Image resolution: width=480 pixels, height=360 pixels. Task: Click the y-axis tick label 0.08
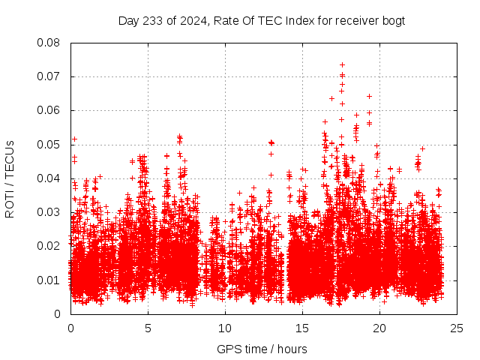click(49, 43)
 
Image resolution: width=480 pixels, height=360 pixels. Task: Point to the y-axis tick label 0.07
click(49, 76)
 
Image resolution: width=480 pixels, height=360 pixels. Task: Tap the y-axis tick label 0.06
click(49, 110)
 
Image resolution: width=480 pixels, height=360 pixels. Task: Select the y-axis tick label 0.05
click(49, 145)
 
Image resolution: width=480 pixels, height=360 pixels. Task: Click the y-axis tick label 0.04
click(49, 178)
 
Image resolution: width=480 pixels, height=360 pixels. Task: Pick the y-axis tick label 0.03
click(49, 212)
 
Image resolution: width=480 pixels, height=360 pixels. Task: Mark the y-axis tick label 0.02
click(49, 246)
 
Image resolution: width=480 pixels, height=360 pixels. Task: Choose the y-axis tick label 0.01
click(49, 280)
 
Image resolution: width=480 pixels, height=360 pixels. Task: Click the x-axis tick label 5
click(148, 328)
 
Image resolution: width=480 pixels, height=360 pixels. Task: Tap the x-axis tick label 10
click(225, 328)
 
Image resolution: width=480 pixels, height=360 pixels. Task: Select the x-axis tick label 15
click(302, 328)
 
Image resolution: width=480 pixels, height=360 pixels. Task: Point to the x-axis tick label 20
click(379, 328)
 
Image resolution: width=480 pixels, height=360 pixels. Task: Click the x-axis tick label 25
click(457, 328)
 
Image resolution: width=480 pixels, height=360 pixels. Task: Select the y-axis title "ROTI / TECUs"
click(10, 178)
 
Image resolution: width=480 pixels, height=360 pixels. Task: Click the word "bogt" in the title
click(393, 20)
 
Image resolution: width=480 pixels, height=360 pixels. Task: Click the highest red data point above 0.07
click(342, 64)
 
